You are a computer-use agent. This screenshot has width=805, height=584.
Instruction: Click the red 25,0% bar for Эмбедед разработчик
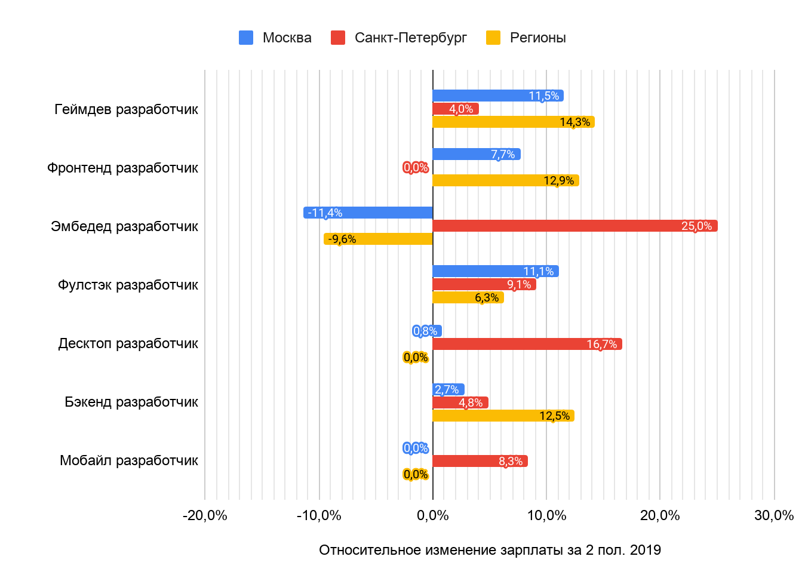tap(574, 226)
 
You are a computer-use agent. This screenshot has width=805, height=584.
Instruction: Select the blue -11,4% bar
tap(368, 213)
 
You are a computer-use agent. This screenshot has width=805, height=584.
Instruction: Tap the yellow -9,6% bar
tap(378, 239)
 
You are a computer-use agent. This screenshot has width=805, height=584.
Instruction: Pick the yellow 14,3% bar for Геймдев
tap(514, 122)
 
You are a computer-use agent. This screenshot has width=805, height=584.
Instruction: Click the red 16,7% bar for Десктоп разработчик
tap(527, 344)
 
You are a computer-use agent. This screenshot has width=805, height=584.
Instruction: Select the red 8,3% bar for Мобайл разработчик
tap(480, 461)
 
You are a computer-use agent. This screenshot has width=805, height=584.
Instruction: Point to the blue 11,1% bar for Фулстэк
tap(496, 271)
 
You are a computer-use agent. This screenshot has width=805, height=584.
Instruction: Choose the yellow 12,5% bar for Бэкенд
tap(503, 416)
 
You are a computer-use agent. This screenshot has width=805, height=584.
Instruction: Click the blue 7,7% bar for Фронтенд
tap(476, 154)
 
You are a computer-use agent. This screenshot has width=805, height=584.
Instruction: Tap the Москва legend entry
tap(275, 38)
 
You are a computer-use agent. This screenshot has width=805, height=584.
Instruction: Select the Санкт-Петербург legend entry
tap(399, 38)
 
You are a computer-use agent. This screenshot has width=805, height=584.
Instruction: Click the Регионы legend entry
tap(526, 38)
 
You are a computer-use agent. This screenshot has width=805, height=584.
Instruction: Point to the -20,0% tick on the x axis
tap(205, 515)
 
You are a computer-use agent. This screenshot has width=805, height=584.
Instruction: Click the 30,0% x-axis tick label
tap(774, 515)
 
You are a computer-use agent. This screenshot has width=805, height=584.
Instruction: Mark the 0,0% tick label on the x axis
tap(432, 515)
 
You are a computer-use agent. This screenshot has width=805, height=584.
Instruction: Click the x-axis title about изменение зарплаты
tap(490, 550)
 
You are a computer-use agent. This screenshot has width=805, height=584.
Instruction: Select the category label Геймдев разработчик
tap(126, 109)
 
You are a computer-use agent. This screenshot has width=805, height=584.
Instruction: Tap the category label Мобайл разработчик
tap(128, 460)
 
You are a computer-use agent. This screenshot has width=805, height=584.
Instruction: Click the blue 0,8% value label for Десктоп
tap(425, 331)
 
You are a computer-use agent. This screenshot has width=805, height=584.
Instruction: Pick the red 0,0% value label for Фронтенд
tap(416, 167)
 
